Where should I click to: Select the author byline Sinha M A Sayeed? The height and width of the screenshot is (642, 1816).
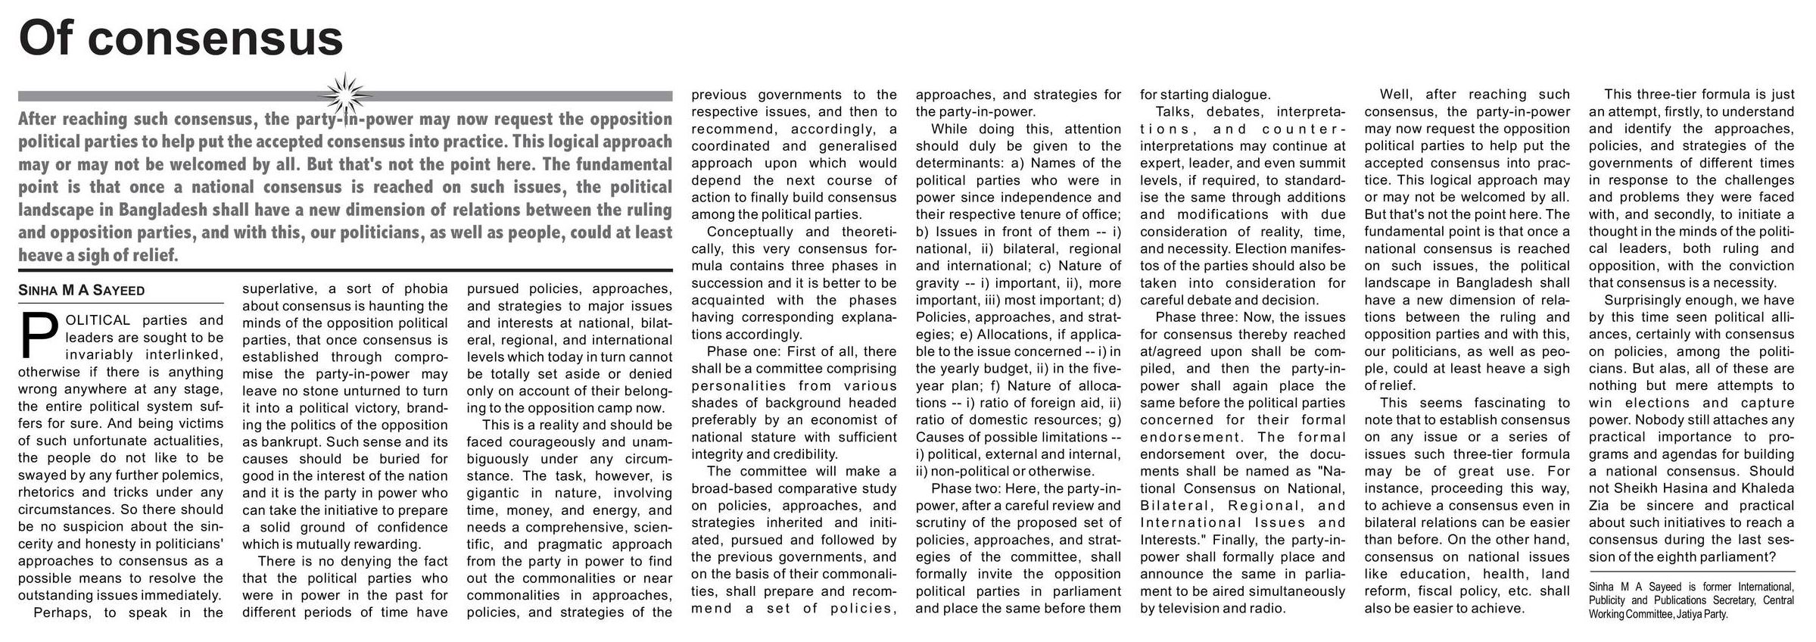tap(81, 291)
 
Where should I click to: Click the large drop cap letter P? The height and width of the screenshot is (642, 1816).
tap(37, 335)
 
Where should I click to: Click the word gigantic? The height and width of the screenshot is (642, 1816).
tap(492, 493)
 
